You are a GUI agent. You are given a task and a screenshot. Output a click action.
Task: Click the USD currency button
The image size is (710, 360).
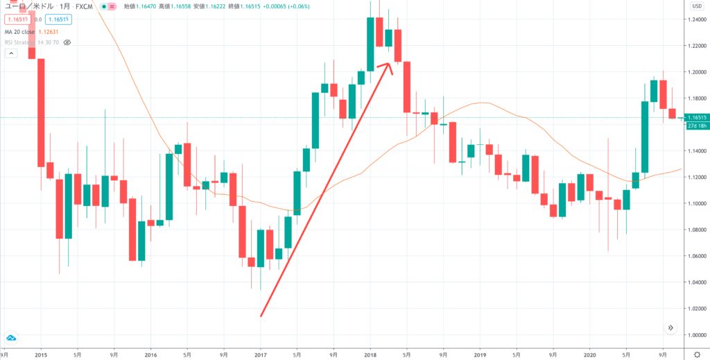(696, 6)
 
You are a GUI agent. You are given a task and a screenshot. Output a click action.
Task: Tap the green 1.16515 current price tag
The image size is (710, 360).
(695, 118)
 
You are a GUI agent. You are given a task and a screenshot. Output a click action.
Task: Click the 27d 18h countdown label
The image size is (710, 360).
(696, 126)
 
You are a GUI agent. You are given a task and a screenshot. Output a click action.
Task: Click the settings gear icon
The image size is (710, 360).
(696, 353)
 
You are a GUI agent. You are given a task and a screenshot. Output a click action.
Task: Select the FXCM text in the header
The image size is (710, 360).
(85, 6)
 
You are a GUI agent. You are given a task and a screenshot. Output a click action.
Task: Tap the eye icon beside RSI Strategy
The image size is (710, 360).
(67, 42)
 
